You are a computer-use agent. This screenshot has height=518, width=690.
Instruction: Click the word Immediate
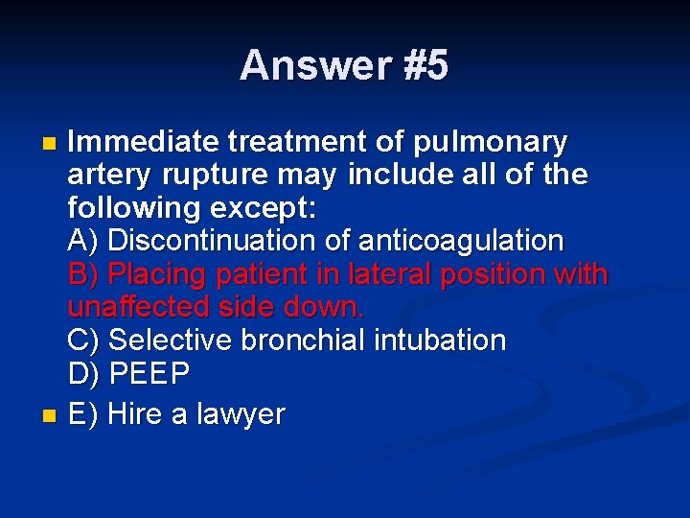[x=144, y=143]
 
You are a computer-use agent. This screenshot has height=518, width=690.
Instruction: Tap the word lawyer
[x=241, y=415]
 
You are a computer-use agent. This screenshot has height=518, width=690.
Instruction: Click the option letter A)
[x=85, y=241]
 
